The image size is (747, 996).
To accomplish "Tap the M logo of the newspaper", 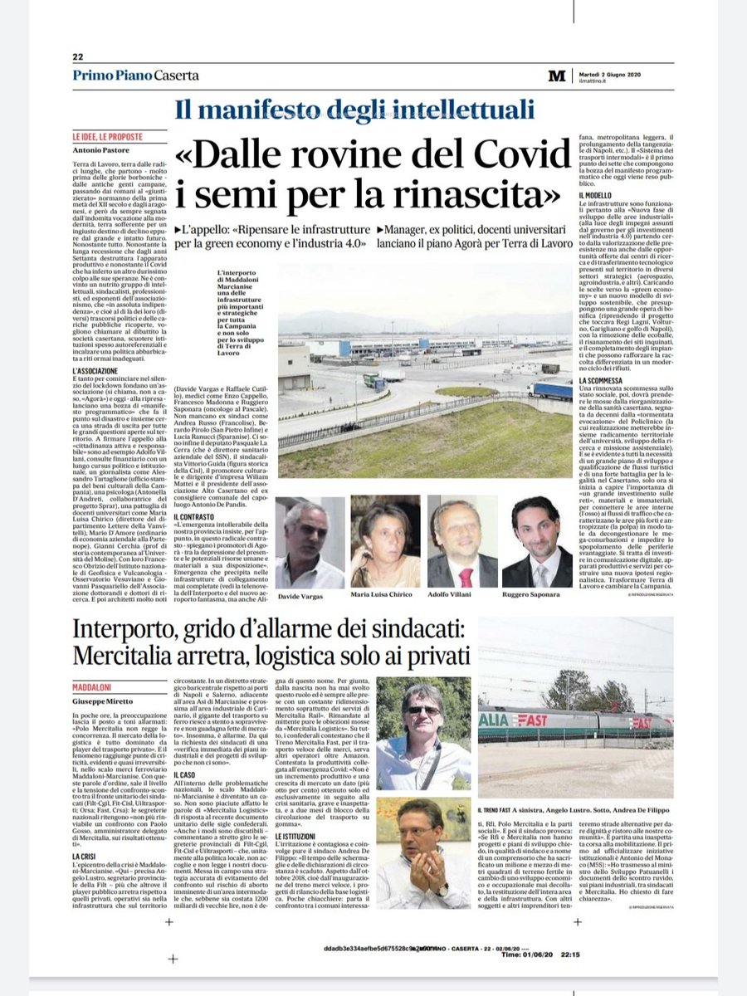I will (x=556, y=76).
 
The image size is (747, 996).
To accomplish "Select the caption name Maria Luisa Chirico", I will (x=385, y=595).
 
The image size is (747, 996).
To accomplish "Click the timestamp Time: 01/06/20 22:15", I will (x=544, y=954).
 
